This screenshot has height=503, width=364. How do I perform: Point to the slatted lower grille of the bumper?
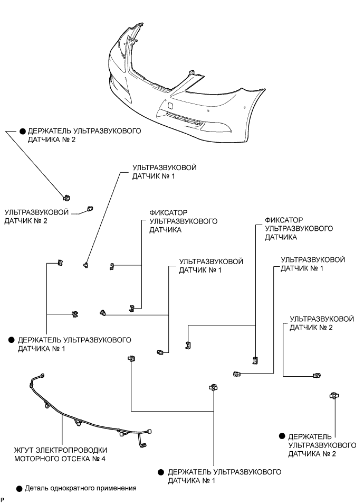click(x=183, y=119)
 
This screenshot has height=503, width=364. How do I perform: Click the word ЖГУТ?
click(x=25, y=450)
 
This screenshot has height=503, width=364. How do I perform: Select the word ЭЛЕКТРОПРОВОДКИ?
click(x=72, y=450)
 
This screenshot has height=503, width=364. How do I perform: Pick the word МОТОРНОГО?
click(x=35, y=459)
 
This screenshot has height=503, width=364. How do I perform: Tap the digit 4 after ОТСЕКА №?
click(x=103, y=459)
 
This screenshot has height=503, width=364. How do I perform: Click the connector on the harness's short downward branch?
click(x=143, y=444)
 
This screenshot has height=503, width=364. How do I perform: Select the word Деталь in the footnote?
click(x=35, y=488)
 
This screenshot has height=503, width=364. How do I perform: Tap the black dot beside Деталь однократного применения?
click(x=19, y=489)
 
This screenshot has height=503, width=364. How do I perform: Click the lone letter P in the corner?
click(x=3, y=499)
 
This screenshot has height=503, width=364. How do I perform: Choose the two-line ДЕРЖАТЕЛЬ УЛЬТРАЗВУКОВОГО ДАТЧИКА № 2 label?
click(x=84, y=135)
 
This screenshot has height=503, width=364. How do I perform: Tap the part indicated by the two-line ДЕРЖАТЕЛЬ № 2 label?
click(x=66, y=197)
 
